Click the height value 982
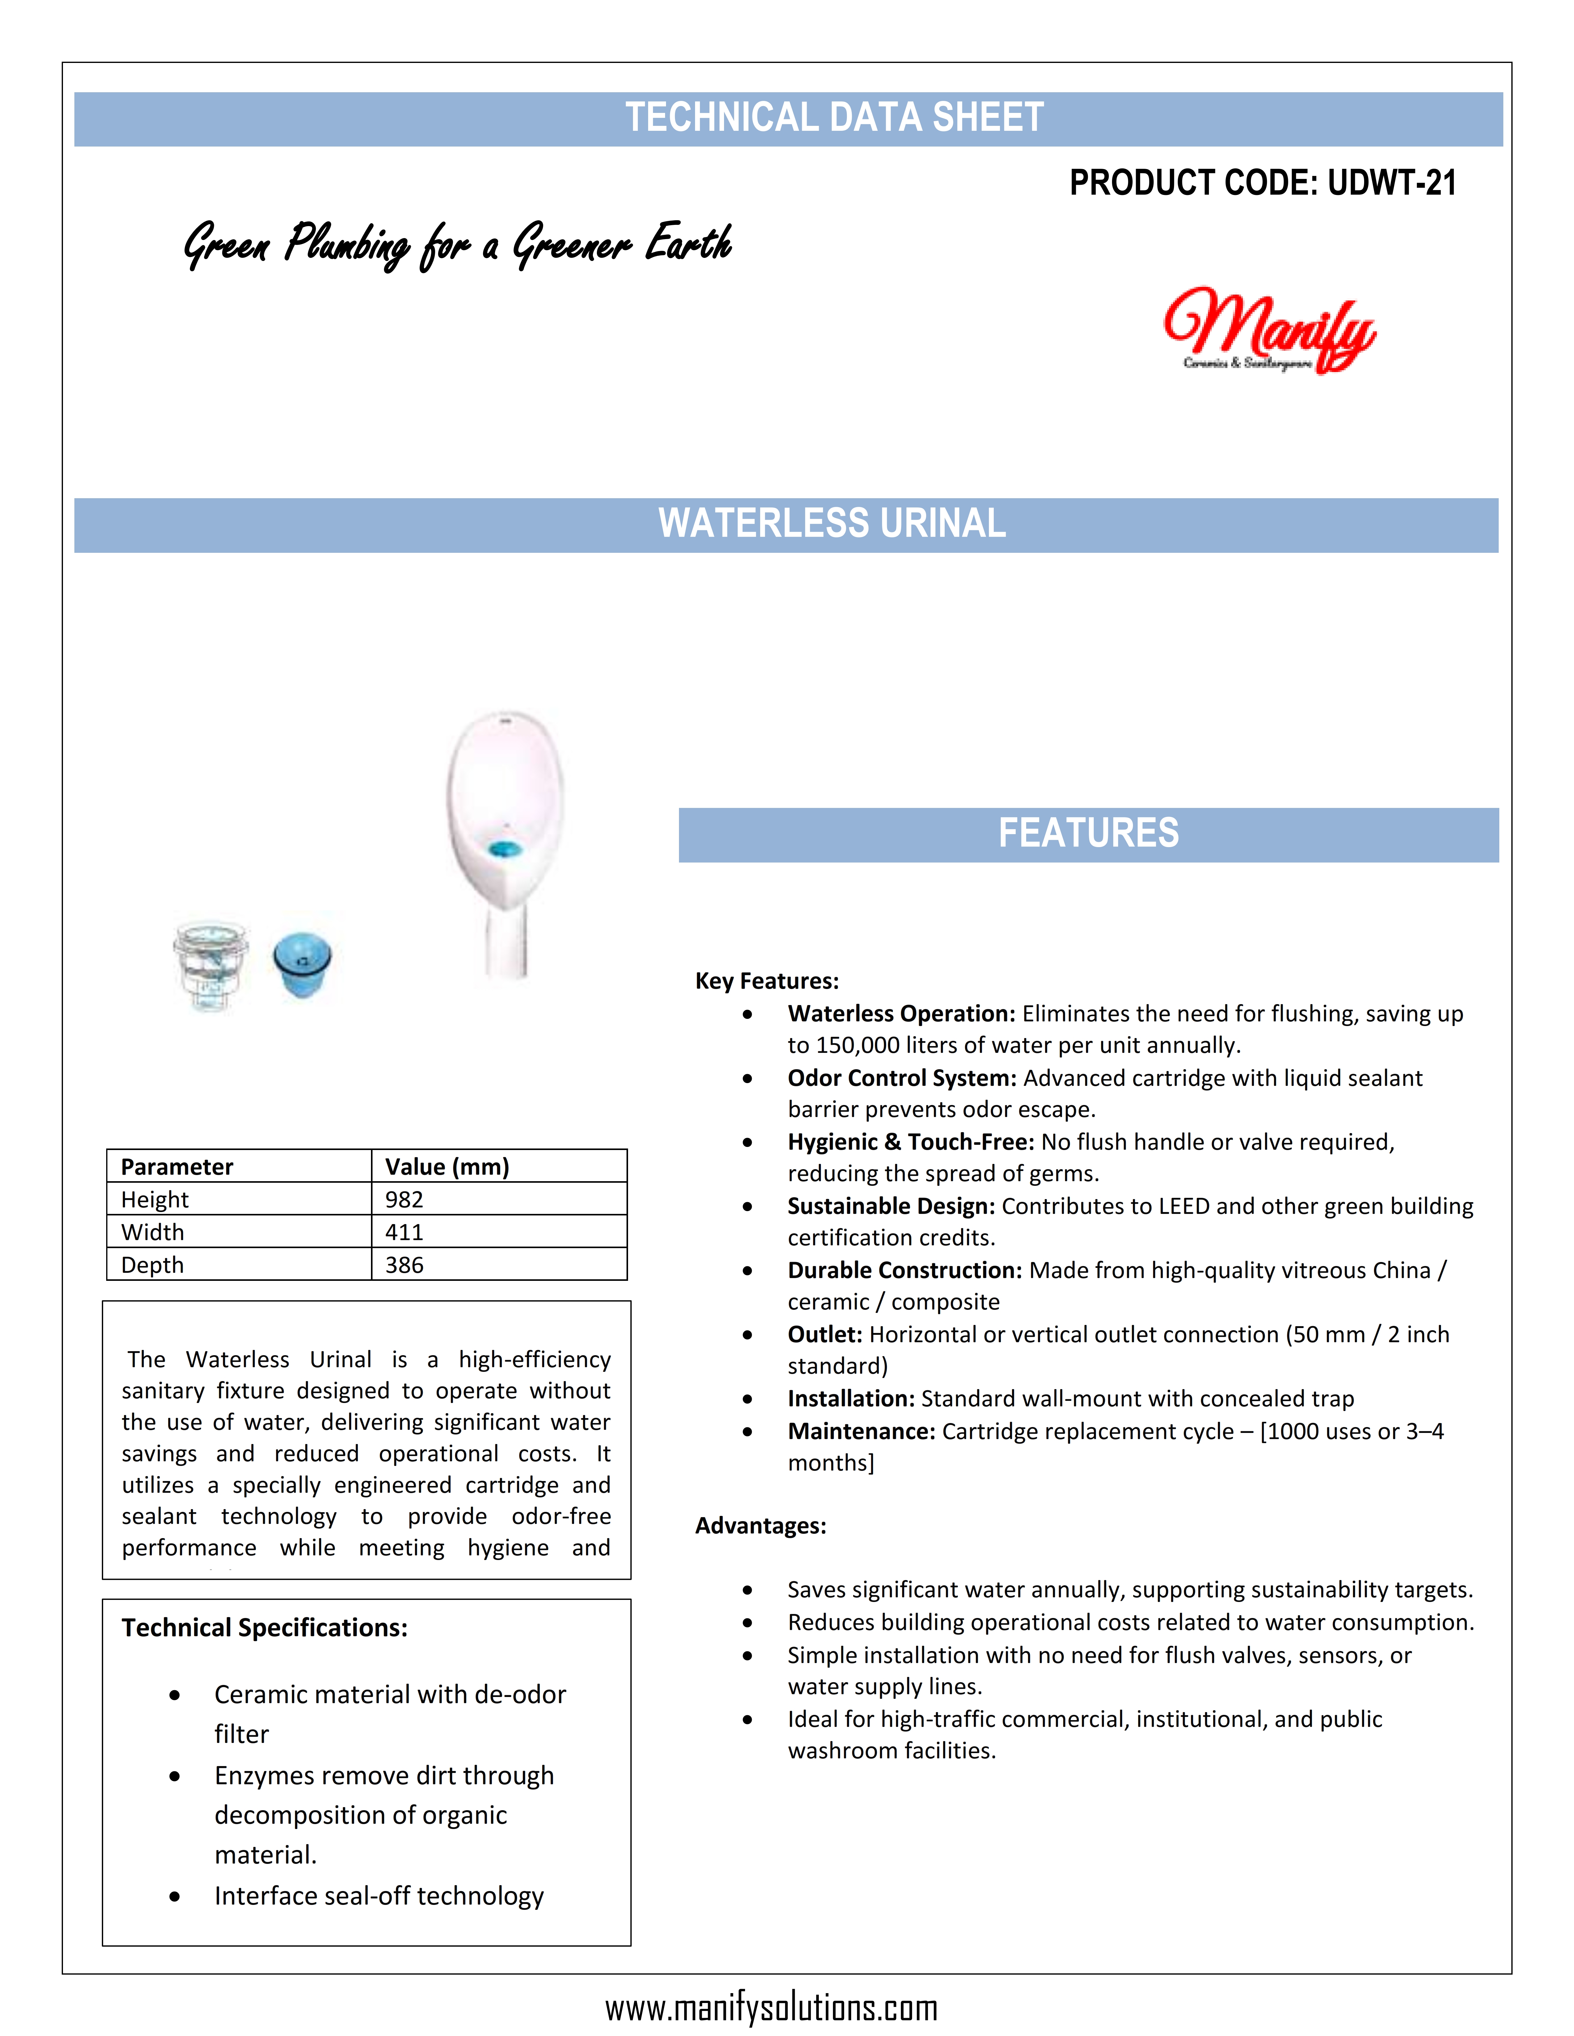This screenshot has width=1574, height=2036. pos(405,1200)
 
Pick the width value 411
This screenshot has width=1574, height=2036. pos(405,1232)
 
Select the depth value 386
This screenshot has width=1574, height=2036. pos(405,1265)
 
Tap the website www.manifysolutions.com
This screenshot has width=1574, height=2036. pos(771,2007)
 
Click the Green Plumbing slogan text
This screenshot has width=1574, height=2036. pos(457,244)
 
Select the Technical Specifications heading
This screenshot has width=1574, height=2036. pos(265,1628)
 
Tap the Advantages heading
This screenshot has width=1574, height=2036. pos(761,1526)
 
